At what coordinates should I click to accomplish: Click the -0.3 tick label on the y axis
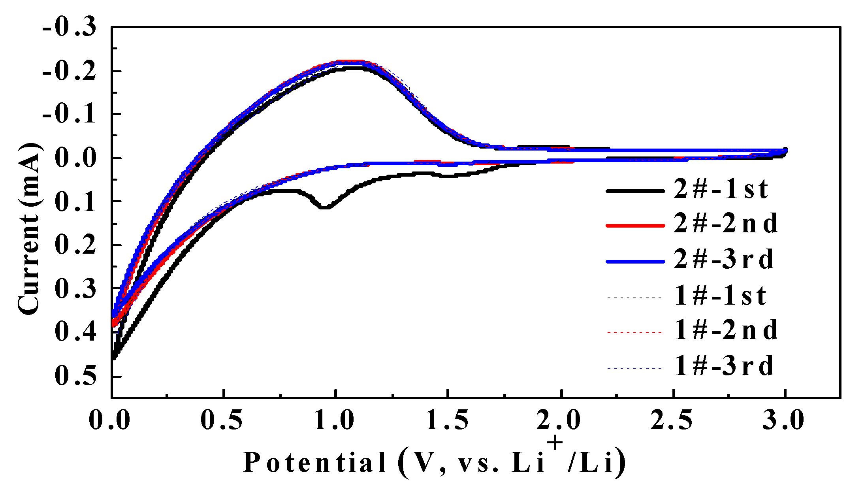pos(69,28)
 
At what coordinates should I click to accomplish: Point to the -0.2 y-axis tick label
pos(69,72)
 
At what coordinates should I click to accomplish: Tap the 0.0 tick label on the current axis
pos(75,158)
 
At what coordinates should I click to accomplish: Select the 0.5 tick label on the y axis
pos(75,376)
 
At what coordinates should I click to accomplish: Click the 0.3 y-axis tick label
pos(75,289)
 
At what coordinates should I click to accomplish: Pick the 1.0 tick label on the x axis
pos(334,420)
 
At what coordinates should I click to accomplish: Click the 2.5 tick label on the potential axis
pos(672,420)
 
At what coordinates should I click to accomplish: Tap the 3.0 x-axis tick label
pos(783,420)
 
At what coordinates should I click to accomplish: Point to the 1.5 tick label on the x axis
pos(447,420)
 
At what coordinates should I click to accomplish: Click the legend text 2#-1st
pos(721,189)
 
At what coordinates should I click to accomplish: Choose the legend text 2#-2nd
pos(725,224)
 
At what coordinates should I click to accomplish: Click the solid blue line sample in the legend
pos(635,262)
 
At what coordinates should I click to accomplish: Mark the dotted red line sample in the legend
pos(634,332)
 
